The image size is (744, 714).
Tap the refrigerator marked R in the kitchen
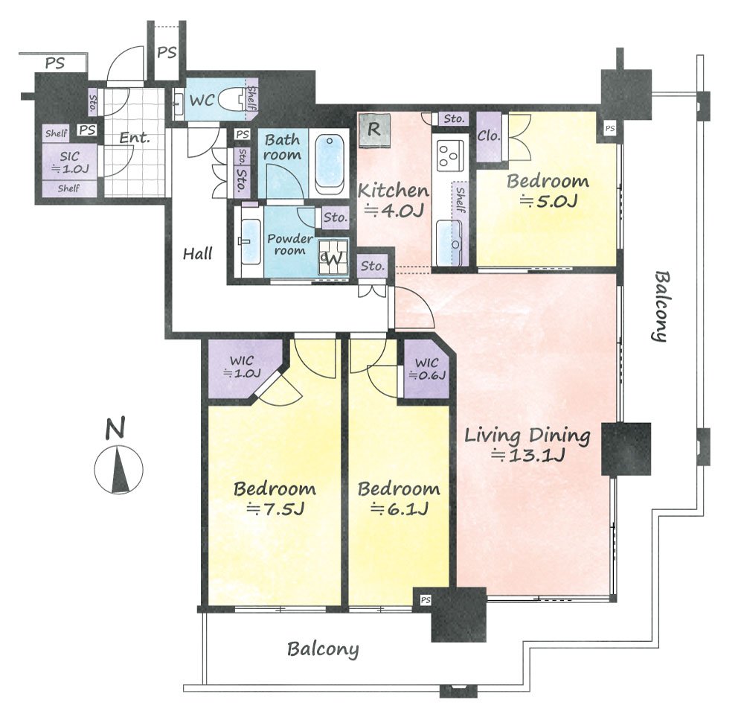click(374, 130)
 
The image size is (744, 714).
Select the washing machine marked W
click(333, 258)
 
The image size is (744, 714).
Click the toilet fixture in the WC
click(233, 101)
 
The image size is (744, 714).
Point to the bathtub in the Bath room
click(330, 165)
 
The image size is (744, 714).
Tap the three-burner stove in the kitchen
click(449, 156)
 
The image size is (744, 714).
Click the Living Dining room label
click(527, 445)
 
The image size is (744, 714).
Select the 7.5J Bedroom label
click(275, 499)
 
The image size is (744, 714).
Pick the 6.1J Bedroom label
click(399, 499)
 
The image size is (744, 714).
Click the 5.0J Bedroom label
click(548, 191)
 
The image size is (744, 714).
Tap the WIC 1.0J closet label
click(242, 367)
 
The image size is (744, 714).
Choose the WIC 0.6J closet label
click(427, 369)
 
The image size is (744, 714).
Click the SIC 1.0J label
click(70, 162)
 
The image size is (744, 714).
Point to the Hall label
click(198, 254)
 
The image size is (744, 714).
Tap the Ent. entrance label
click(134, 138)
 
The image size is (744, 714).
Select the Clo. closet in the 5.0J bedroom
click(490, 136)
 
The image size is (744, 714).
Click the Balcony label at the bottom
click(323, 649)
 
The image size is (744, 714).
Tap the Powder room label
click(290, 244)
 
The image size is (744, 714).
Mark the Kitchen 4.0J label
click(394, 200)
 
